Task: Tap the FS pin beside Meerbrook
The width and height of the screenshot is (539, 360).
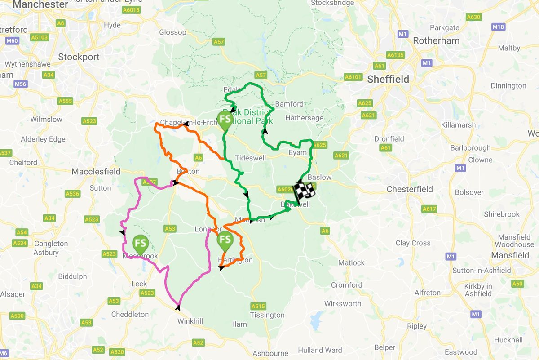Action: [141, 244]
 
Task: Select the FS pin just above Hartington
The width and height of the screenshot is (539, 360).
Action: [225, 241]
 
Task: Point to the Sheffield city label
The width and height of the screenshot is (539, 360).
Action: [388, 80]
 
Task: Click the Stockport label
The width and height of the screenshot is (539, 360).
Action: [79, 57]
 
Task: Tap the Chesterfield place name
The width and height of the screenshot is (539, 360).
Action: [410, 189]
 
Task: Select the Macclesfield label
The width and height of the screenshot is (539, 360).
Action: [96, 171]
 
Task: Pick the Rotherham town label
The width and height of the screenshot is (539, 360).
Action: [436, 40]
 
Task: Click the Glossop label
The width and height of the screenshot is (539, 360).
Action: [172, 32]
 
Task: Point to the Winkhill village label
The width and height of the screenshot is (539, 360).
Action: [190, 321]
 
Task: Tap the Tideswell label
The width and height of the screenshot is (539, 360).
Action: [251, 158]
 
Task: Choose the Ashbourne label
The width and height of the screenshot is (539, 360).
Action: [270, 353]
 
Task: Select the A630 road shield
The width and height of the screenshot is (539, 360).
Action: [473, 17]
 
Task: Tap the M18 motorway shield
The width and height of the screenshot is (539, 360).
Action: [498, 27]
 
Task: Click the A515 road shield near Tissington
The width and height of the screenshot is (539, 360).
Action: [258, 306]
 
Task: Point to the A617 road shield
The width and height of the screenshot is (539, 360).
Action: [429, 209]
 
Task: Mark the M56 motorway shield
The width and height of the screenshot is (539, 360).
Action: [20, 84]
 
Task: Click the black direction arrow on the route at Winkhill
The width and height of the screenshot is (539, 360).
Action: [178, 308]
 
